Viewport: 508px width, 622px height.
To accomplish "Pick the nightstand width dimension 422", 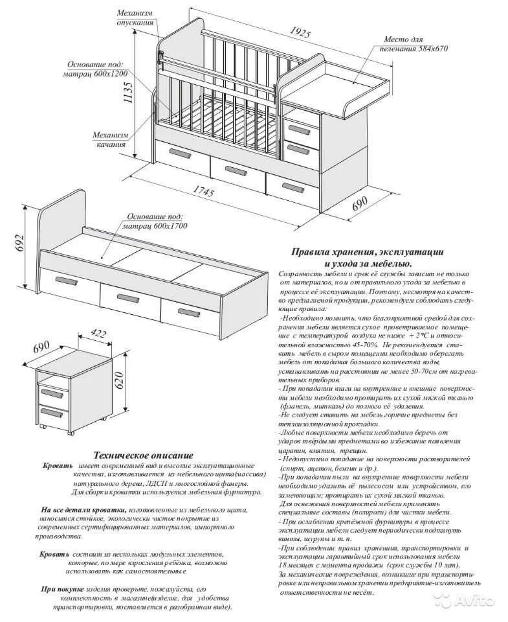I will [x=98, y=334].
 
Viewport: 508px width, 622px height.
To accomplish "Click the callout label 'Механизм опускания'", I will [x=136, y=17].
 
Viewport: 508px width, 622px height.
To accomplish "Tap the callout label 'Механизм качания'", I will [x=111, y=139].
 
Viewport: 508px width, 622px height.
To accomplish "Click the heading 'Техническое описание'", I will [x=143, y=455].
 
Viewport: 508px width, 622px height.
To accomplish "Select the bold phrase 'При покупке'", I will [x=62, y=588].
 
